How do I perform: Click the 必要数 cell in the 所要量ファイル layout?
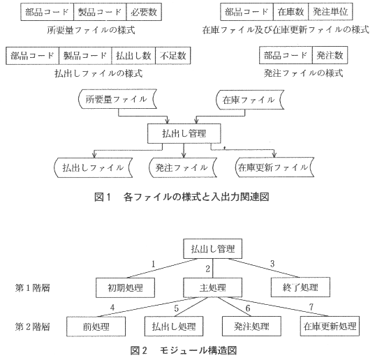[x=144, y=12]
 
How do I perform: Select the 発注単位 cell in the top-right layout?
[x=330, y=12]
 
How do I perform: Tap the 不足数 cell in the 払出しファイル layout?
[x=173, y=56]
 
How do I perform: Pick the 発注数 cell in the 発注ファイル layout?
[x=330, y=55]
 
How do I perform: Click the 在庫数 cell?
[x=291, y=12]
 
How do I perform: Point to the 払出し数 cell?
[x=133, y=56]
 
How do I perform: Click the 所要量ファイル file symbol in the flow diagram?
[x=117, y=99]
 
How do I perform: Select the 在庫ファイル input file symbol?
[x=250, y=100]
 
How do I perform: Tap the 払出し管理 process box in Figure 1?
[x=184, y=133]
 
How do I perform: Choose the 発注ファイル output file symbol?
[x=183, y=167]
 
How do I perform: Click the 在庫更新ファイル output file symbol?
[x=274, y=167]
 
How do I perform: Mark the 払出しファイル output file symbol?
[x=94, y=167]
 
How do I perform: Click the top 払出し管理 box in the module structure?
[x=212, y=249]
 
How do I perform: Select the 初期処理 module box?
[x=125, y=287]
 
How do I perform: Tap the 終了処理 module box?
[x=300, y=287]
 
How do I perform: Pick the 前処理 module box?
[x=96, y=327]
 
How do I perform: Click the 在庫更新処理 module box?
[x=330, y=326]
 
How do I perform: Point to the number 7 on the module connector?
[x=311, y=307]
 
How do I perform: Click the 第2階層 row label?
[x=33, y=327]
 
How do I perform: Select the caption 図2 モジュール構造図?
[x=184, y=350]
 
